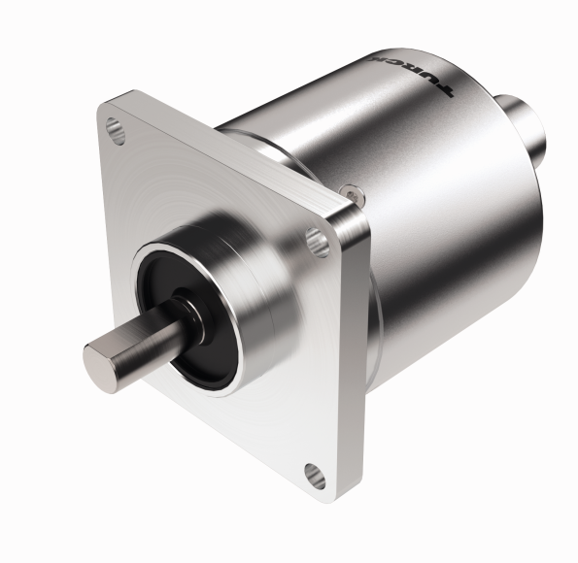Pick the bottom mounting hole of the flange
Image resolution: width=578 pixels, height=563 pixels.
pyautogui.click(x=312, y=474)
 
